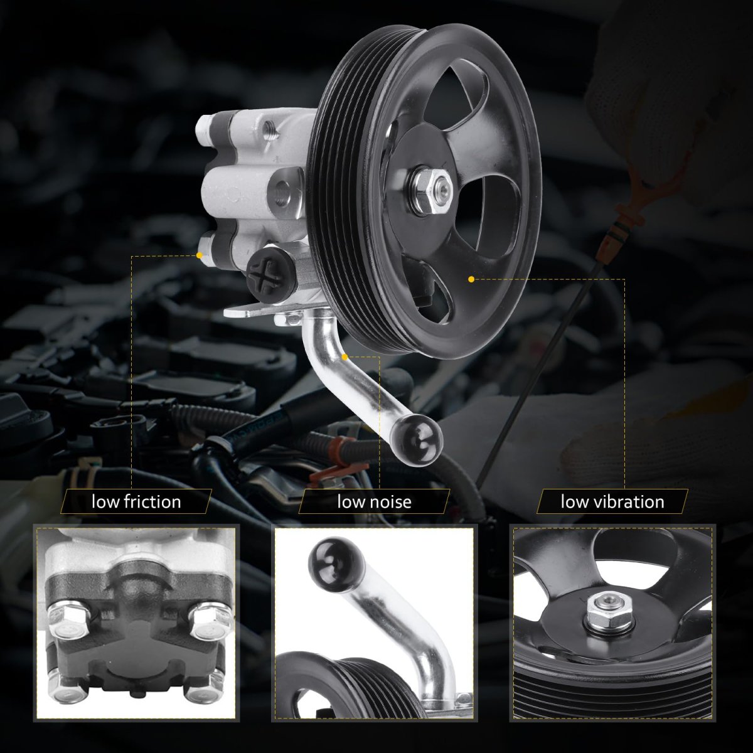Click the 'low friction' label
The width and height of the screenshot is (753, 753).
click(136, 502)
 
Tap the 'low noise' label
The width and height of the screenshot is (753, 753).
click(375, 502)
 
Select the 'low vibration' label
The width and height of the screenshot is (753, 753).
click(612, 502)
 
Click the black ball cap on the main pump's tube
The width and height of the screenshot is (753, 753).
click(417, 440)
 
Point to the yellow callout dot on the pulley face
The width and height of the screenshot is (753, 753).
click(471, 279)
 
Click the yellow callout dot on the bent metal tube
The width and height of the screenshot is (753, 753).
click(344, 357)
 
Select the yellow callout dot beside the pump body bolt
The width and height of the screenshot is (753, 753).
click(200, 255)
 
